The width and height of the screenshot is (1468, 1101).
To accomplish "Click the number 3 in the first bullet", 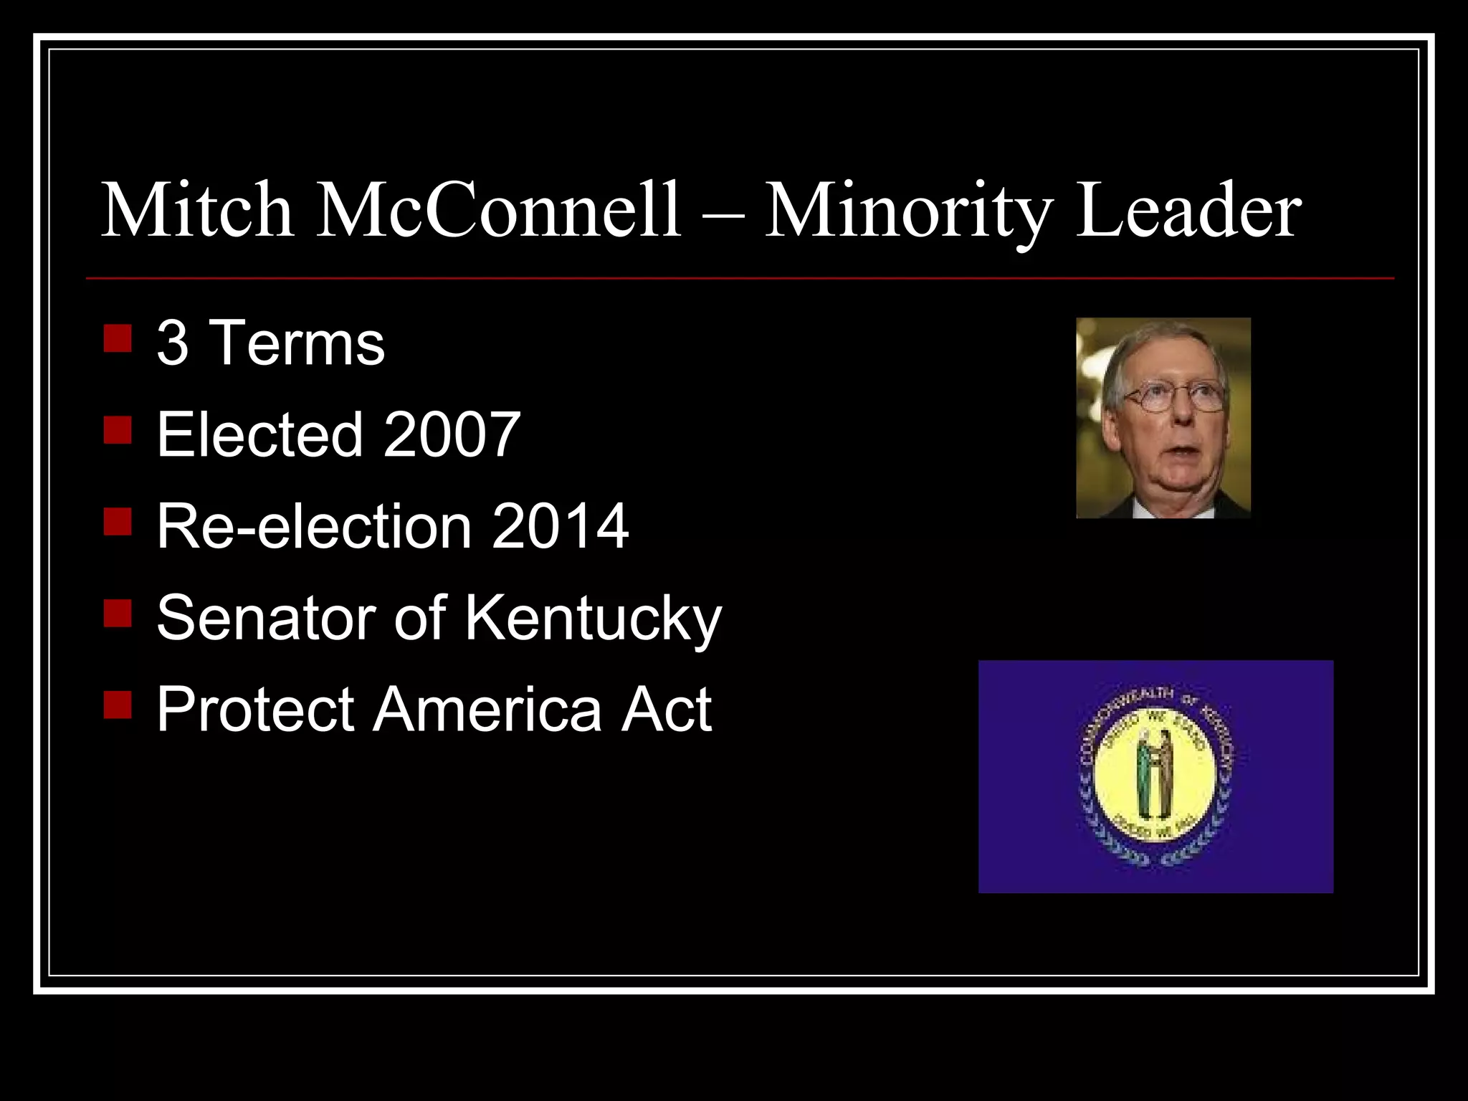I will click(173, 343).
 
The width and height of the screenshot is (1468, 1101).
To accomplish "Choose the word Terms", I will click(300, 343).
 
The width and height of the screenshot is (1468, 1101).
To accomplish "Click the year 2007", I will click(452, 434).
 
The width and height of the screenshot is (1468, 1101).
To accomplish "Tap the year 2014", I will click(560, 526).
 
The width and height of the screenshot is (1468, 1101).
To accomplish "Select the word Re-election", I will click(313, 526).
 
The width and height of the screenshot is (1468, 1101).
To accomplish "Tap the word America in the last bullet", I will click(487, 710).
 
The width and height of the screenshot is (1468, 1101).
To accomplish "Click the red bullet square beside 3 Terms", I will click(118, 339).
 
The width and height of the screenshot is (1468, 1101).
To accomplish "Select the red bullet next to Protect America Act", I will click(118, 705).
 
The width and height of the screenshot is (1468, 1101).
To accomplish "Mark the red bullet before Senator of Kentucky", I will click(118, 614).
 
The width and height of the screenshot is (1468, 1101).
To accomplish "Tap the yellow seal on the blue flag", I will click(1155, 777).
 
